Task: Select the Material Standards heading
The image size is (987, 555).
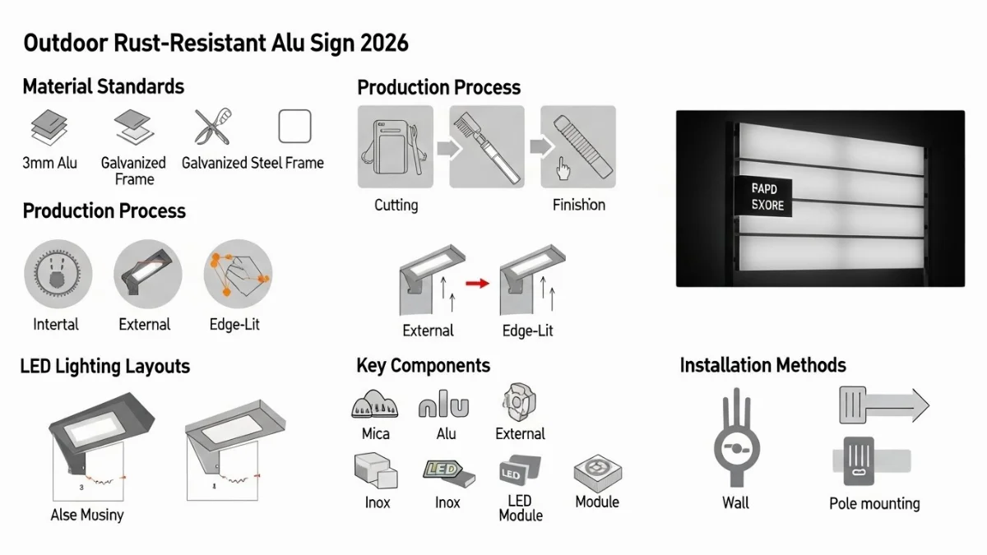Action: point(104,86)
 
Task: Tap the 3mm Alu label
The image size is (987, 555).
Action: point(50,163)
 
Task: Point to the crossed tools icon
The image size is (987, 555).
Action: point(212,127)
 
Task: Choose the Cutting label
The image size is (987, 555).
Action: point(396,205)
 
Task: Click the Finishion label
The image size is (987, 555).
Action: point(579,205)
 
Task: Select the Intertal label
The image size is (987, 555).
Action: point(57,324)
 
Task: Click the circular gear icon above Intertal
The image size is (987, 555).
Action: point(58,274)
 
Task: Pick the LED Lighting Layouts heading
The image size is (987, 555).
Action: point(105,367)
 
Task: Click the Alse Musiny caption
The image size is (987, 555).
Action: point(87,516)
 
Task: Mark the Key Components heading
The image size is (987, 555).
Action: point(423,366)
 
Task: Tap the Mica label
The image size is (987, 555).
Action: point(376,433)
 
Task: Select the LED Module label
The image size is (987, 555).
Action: point(521,508)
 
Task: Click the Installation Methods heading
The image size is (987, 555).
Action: point(762,365)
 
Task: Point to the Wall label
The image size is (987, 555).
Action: point(735,502)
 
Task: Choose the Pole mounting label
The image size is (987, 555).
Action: point(874,503)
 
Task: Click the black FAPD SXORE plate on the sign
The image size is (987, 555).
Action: point(762,197)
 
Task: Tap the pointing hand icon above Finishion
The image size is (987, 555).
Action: point(563,169)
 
